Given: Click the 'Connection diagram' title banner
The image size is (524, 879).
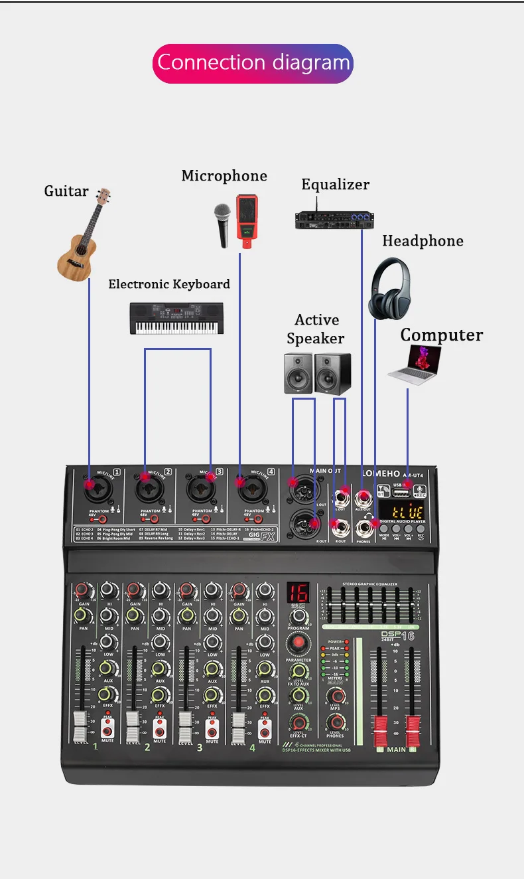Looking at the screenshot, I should point(253,63).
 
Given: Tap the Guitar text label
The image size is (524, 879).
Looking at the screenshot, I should point(66,191).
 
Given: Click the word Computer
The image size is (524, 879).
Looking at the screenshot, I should point(441,335).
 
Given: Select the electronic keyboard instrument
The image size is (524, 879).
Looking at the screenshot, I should point(176,318).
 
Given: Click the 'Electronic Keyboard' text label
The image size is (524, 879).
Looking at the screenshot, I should point(169,284).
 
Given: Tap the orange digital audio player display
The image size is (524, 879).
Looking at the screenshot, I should point(407,513).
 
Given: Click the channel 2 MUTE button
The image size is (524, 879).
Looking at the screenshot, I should point(160,730).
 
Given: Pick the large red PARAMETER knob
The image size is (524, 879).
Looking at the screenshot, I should point(298,643).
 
